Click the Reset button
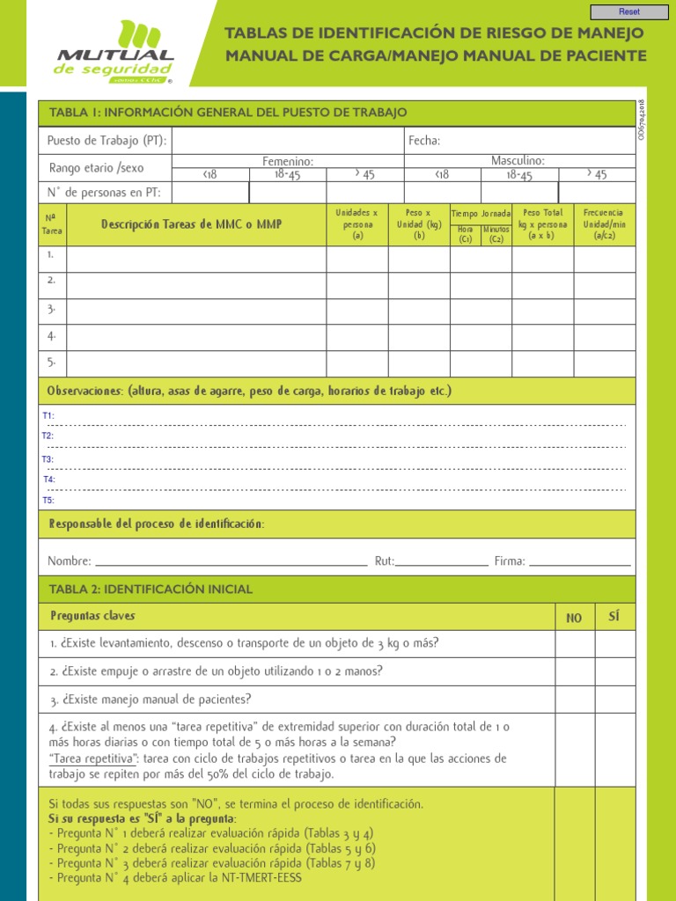pos(629,11)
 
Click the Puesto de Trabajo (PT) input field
pos(287,141)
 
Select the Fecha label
pos(423,141)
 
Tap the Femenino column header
pos(288,160)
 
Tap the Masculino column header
pos(518,160)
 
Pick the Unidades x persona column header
pos(356,224)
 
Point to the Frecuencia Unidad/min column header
pos(604,224)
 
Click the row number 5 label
pos(52,362)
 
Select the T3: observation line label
pos(48,459)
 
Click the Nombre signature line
pos(231,560)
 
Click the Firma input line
pos(579,560)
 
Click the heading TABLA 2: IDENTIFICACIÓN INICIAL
pos(151,590)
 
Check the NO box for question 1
pos(574,644)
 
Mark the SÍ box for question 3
pos(614,700)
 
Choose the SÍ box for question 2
pos(614,672)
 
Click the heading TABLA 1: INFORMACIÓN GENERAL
pos(228,113)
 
